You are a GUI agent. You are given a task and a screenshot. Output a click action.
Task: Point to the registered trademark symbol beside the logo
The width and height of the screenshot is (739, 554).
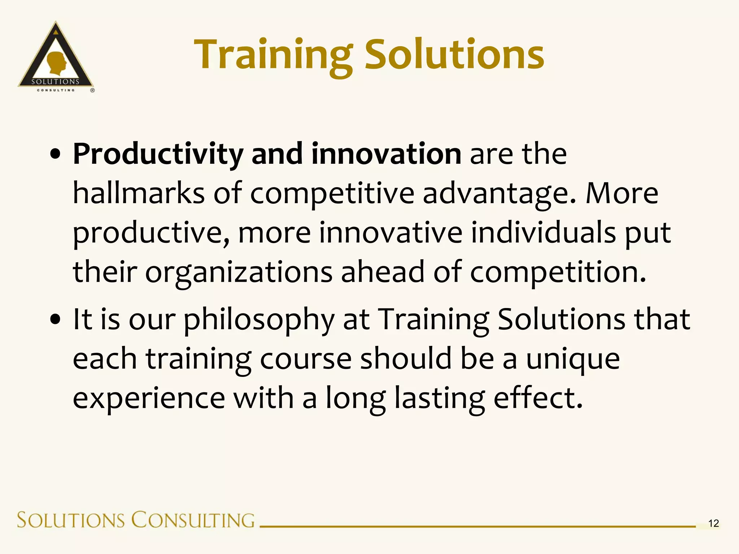(92, 90)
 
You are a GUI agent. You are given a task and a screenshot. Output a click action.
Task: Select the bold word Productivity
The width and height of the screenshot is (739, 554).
(158, 154)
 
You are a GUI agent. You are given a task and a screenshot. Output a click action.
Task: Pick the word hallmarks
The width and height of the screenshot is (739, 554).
(139, 193)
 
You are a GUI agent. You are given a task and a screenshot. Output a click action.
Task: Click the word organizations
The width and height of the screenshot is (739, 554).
(239, 273)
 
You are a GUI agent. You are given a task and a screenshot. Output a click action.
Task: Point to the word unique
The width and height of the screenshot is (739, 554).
(573, 359)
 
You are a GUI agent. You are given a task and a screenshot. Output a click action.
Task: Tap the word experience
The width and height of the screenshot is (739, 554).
(149, 399)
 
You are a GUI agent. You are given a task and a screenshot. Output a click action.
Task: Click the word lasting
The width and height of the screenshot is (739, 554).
(440, 399)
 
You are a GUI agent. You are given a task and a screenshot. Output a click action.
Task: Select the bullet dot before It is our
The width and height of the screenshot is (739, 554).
(56, 319)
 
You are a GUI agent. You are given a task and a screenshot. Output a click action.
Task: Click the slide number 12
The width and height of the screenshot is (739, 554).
(713, 523)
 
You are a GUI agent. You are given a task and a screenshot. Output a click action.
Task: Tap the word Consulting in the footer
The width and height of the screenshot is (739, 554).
(193, 520)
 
